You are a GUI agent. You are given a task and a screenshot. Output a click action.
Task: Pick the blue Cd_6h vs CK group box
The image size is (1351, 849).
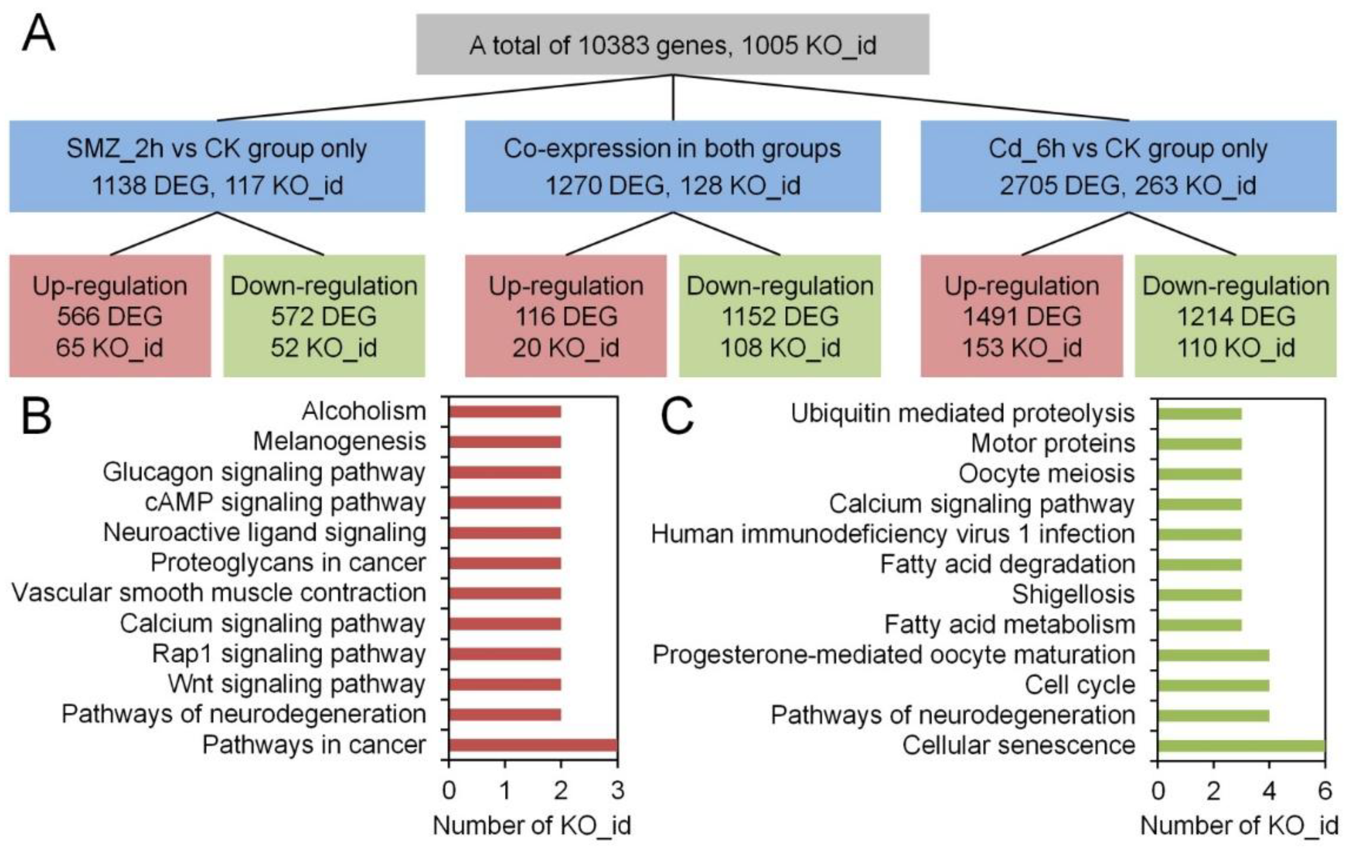[1128, 166]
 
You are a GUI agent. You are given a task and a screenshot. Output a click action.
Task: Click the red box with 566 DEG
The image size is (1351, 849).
[110, 316]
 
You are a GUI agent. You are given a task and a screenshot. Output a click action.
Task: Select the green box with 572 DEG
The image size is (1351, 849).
[324, 316]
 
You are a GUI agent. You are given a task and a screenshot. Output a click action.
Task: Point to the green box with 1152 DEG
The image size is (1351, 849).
[780, 316]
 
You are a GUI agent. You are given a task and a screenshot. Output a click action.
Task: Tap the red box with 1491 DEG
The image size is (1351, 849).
[1021, 316]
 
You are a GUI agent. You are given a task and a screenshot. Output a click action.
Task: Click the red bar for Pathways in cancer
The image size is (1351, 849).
[533, 745]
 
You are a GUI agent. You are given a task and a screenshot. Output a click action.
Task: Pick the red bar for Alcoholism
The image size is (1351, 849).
[505, 412]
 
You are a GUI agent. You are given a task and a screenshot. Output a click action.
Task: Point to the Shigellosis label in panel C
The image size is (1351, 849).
[1073, 594]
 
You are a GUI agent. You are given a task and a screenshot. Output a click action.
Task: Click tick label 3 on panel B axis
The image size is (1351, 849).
[617, 790]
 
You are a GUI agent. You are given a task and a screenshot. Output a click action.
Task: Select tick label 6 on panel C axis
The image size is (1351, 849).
[1325, 790]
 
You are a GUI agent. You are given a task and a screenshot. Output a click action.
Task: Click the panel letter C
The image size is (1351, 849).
[677, 417]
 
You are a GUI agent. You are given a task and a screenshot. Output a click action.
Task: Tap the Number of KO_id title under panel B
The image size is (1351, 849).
[532, 825]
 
